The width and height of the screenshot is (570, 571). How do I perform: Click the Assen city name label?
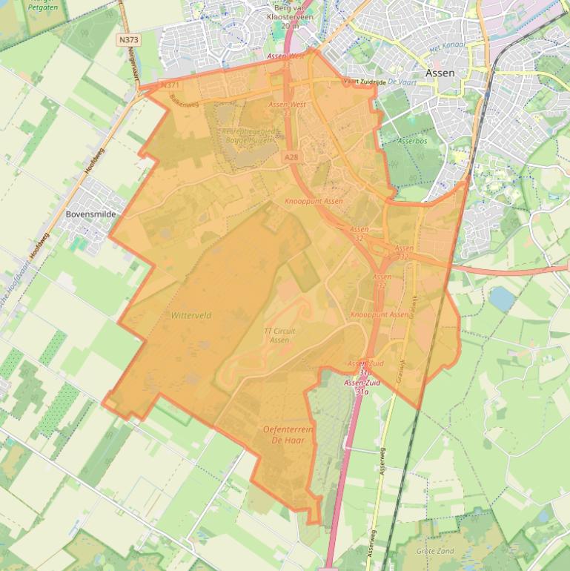440,73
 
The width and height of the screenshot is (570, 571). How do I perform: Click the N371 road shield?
171,86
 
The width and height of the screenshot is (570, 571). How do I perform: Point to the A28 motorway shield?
291,157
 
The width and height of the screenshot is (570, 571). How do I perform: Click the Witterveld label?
191,315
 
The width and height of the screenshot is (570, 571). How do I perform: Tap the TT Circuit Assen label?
276,335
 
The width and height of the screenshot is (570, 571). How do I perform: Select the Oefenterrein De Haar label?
289,435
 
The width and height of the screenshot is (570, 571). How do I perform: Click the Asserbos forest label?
412,139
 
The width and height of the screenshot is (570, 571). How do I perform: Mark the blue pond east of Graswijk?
502,298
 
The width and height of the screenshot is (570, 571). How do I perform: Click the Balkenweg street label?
184,100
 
